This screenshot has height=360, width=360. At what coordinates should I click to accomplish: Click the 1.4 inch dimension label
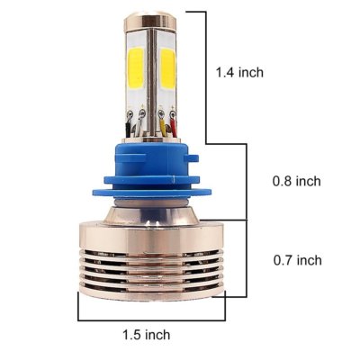pos(239,73)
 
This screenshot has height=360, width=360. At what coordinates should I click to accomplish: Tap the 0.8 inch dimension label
pos(297,181)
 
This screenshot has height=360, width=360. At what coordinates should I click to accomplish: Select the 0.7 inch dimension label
pos(297,260)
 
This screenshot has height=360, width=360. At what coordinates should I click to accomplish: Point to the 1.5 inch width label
pos(147,335)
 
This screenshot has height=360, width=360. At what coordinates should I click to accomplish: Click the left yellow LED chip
pos(137,68)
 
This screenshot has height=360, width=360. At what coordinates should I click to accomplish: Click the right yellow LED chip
pos(167,68)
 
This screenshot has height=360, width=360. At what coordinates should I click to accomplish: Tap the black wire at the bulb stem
pos(128,129)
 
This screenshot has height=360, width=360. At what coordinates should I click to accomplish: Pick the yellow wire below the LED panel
pos(164,127)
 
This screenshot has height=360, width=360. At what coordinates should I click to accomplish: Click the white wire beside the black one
pos(139,127)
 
